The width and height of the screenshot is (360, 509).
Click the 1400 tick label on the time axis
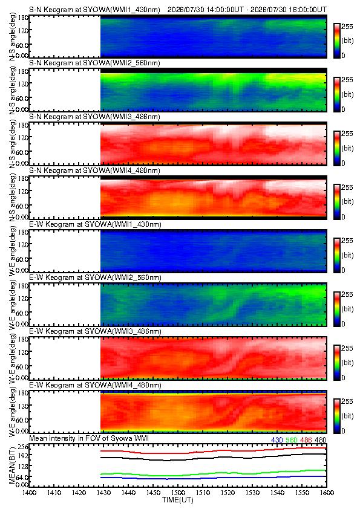click(x=29, y=493)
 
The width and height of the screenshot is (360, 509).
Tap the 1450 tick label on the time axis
click(x=153, y=493)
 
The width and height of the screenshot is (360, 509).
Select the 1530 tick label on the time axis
click(x=252, y=493)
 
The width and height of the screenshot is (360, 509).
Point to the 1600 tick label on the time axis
click(x=327, y=493)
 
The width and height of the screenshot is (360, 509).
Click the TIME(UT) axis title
click(x=178, y=501)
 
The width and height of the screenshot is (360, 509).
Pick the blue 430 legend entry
click(x=277, y=440)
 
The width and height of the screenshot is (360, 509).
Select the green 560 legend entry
click(x=292, y=440)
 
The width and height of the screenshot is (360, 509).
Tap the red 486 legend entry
click(x=306, y=440)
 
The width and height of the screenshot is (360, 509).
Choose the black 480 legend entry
click(x=321, y=440)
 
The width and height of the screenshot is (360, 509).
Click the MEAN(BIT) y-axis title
click(x=12, y=465)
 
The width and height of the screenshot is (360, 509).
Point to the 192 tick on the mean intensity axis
click(x=24, y=455)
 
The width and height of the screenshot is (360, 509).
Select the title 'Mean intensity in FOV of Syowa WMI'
click(x=89, y=438)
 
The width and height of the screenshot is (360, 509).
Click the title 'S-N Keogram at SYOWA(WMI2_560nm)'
click(x=94, y=63)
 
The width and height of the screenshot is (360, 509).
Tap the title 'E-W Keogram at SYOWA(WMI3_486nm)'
click(x=95, y=331)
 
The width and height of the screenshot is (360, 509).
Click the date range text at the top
click(x=247, y=10)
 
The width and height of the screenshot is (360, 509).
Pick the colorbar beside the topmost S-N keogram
click(x=336, y=41)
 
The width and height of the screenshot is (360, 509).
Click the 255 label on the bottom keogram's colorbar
click(x=347, y=401)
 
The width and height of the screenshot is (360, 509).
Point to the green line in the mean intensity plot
click(x=213, y=473)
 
